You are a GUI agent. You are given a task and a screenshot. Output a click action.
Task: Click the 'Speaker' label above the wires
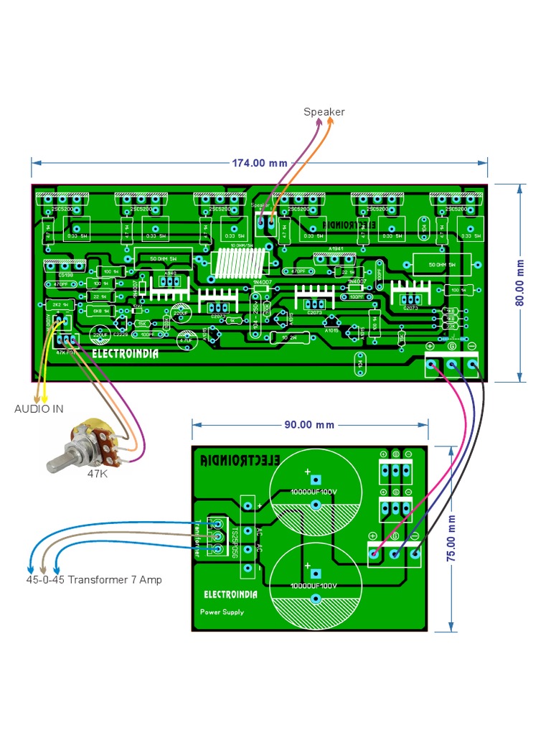click(324, 112)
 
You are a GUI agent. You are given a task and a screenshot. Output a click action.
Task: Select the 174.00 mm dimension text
click(259, 163)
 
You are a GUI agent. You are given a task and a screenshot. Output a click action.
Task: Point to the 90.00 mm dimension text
click(309, 424)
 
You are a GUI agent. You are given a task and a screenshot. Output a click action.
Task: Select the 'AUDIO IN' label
click(39, 409)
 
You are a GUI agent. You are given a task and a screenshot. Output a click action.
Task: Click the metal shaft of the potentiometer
click(60, 459)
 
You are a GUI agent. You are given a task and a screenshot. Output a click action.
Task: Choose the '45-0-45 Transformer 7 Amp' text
click(94, 579)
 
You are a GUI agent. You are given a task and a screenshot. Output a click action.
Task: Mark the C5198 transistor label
click(55, 275)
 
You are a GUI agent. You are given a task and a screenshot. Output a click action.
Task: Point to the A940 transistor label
click(169, 274)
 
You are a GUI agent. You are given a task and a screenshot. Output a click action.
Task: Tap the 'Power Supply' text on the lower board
click(222, 612)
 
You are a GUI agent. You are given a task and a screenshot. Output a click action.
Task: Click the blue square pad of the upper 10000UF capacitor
click(315, 480)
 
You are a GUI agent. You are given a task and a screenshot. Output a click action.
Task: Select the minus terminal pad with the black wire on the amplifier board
click(472, 365)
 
